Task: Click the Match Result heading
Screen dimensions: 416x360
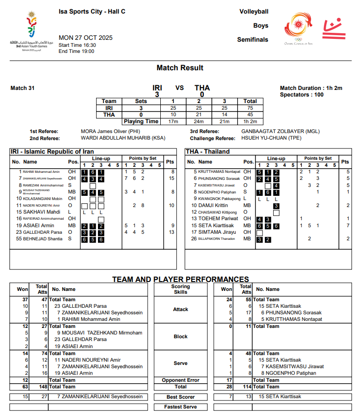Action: pos(180,68)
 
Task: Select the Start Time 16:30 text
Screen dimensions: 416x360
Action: pos(77,45)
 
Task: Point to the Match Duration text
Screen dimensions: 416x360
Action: pos(311,88)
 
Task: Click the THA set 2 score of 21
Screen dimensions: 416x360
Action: pos(199,115)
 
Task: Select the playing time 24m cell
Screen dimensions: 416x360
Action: pos(199,121)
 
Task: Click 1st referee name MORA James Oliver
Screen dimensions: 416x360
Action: pos(105,132)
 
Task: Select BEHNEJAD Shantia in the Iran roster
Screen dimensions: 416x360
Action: pos(39,239)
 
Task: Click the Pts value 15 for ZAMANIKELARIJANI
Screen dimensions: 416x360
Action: pos(172,178)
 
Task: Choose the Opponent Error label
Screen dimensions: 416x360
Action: pos(180,380)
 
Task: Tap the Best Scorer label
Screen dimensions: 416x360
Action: pos(180,397)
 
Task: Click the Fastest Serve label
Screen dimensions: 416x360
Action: pos(180,407)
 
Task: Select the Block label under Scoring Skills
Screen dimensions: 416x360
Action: pos(180,336)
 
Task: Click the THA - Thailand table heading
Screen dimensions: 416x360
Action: pos(208,152)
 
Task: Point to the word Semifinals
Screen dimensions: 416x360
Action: pos(253,40)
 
